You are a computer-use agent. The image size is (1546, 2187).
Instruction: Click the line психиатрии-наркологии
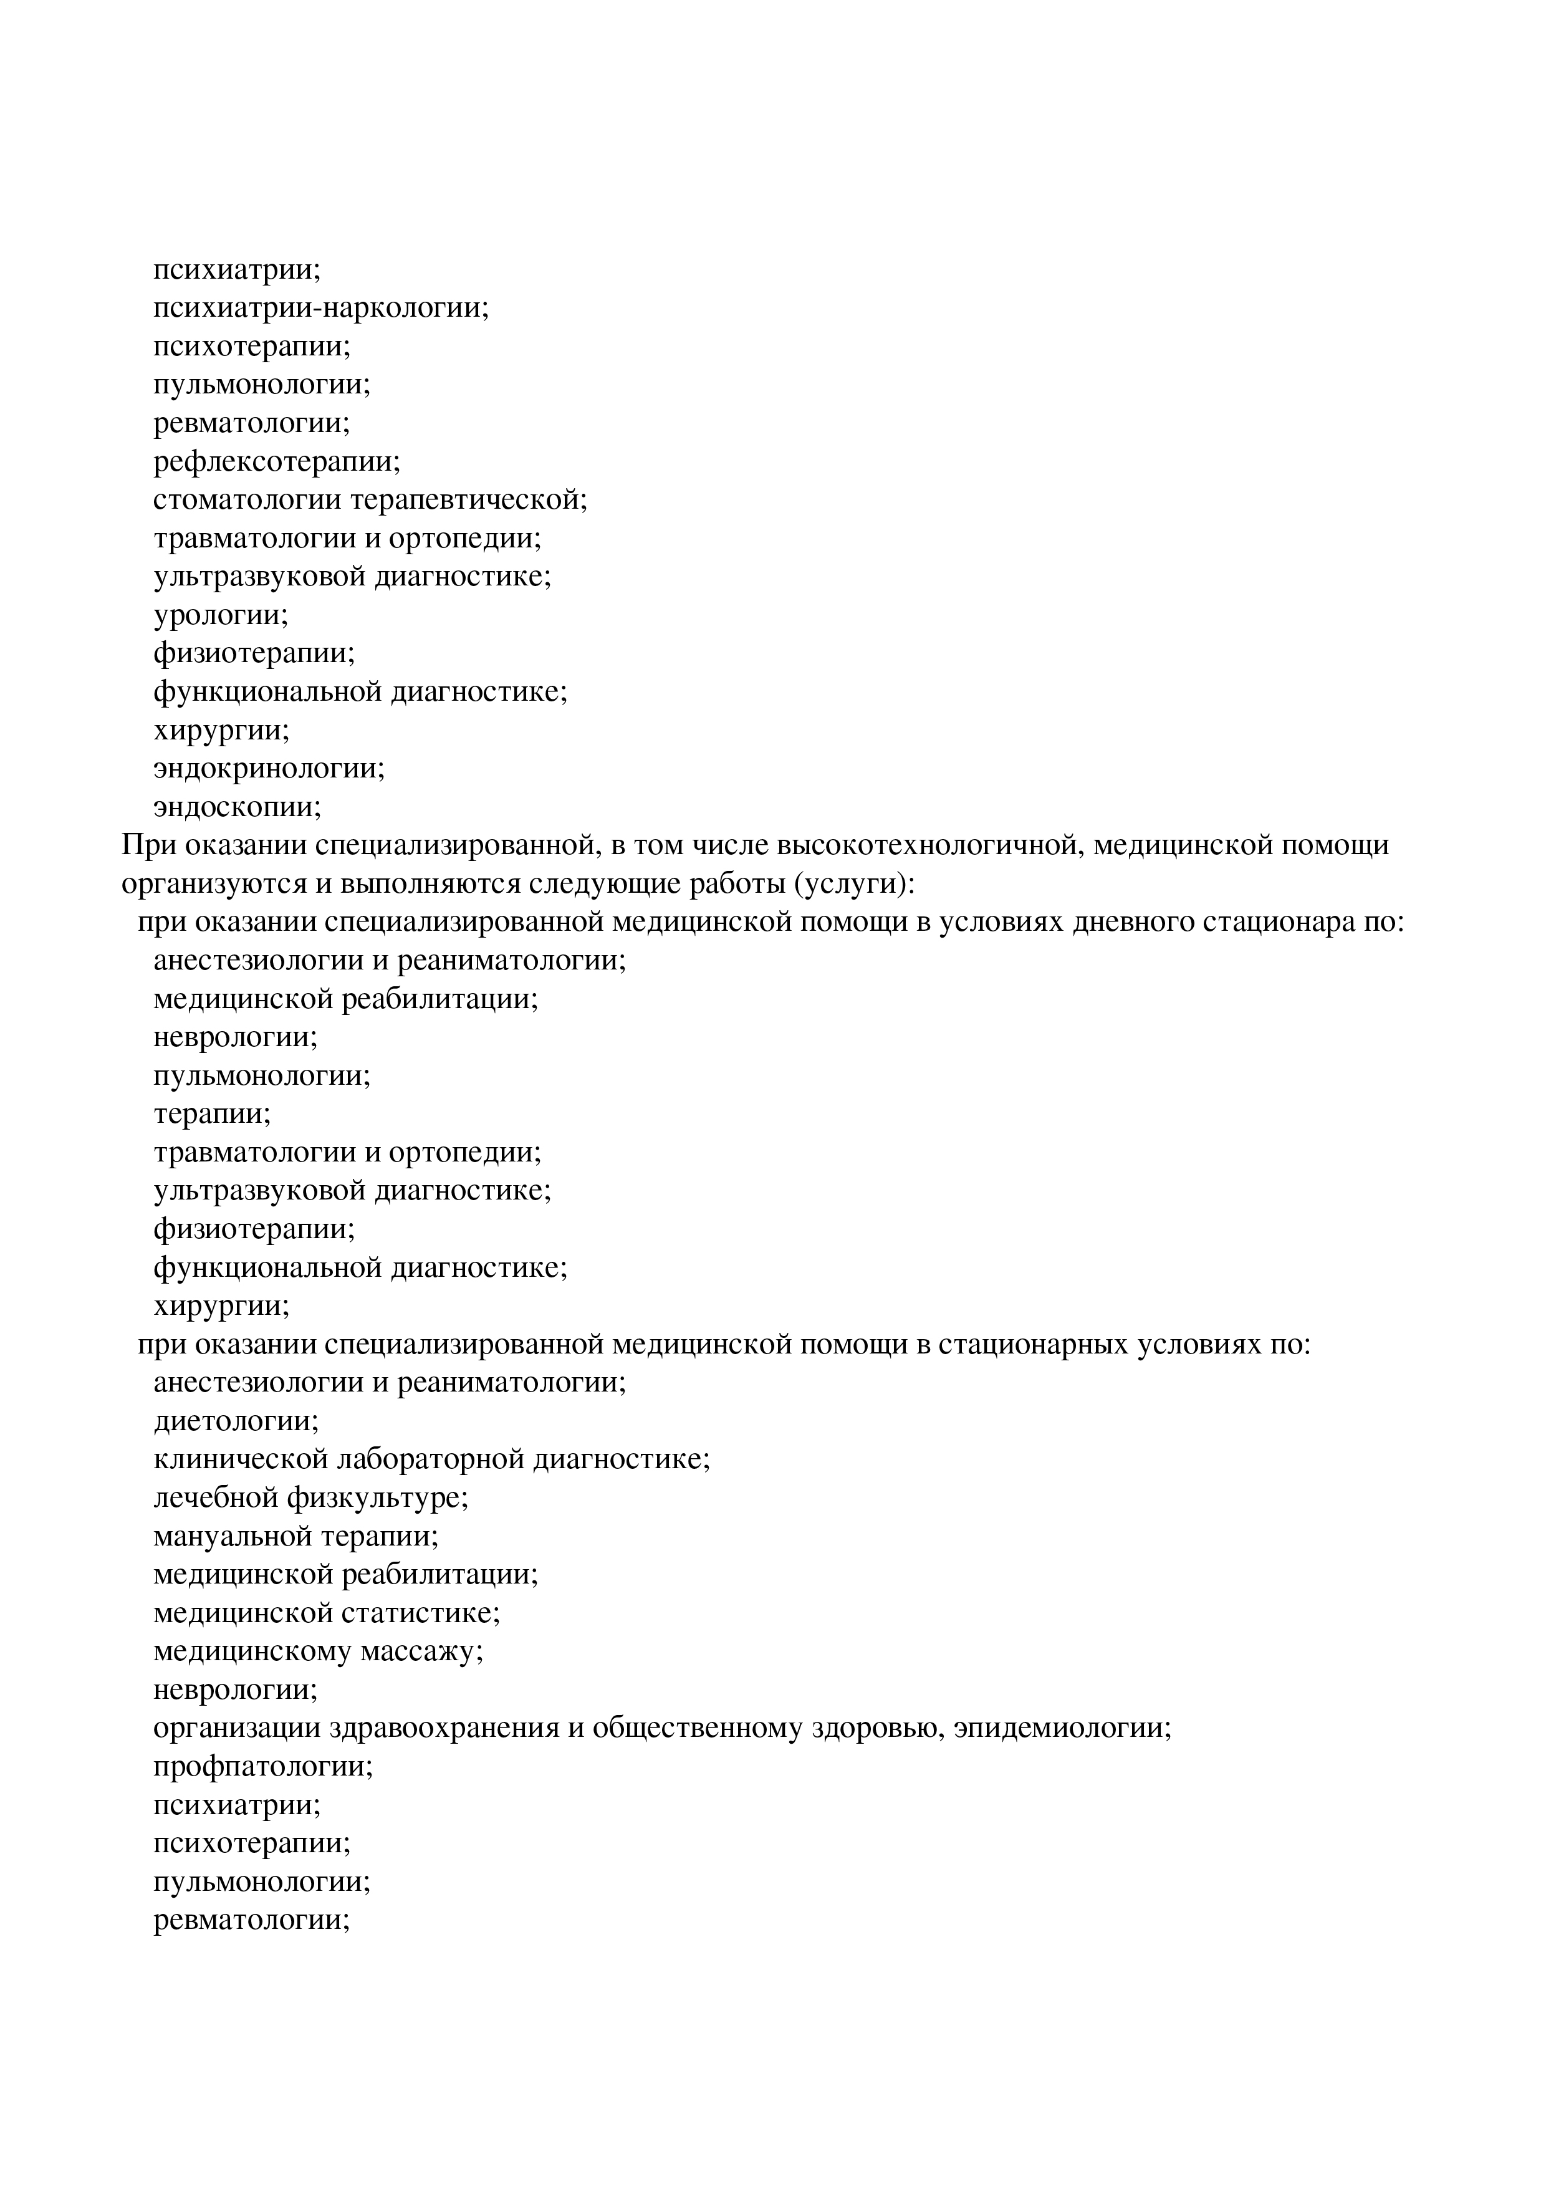pos(321,309)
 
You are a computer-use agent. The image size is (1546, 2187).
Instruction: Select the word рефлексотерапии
pos(276,462)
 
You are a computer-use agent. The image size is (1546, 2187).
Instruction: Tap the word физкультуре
pos(377,1499)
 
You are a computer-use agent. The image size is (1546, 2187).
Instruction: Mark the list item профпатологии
pos(263,1768)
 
